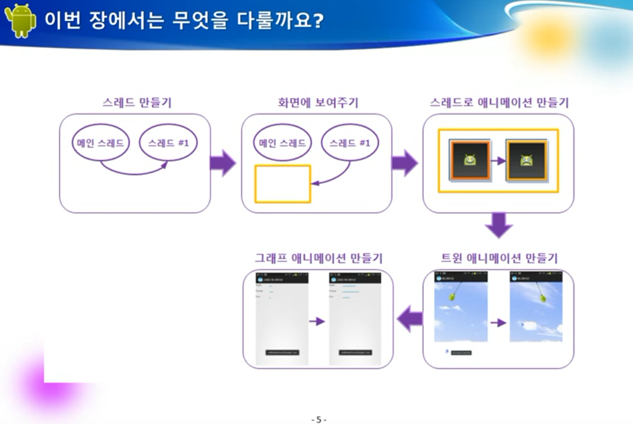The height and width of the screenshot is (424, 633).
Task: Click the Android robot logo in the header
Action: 20,20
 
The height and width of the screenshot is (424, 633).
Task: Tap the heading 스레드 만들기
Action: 137,103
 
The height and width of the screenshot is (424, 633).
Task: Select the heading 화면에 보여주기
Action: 318,103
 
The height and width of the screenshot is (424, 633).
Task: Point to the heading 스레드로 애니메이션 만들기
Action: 499,103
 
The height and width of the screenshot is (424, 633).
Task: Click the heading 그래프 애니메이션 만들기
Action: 319,258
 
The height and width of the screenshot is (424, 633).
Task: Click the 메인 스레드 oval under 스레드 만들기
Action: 101,143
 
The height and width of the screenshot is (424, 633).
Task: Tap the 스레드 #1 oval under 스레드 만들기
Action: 168,143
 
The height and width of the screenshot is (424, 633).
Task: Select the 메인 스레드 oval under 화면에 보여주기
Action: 282,143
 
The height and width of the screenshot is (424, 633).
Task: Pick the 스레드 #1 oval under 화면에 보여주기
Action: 350,143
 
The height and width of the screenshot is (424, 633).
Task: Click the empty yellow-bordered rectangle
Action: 283,184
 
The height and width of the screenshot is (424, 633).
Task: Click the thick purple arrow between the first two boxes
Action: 223,164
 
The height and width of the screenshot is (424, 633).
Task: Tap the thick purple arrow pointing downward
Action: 498,225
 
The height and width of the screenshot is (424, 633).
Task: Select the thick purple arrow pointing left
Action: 409,320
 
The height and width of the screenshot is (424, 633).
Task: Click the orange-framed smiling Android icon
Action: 469,161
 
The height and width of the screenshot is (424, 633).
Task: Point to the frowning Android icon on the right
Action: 526,161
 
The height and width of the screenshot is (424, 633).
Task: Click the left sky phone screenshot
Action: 461,307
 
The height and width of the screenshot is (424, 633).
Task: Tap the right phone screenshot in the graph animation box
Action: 355,319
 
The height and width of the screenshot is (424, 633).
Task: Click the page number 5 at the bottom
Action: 318,419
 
